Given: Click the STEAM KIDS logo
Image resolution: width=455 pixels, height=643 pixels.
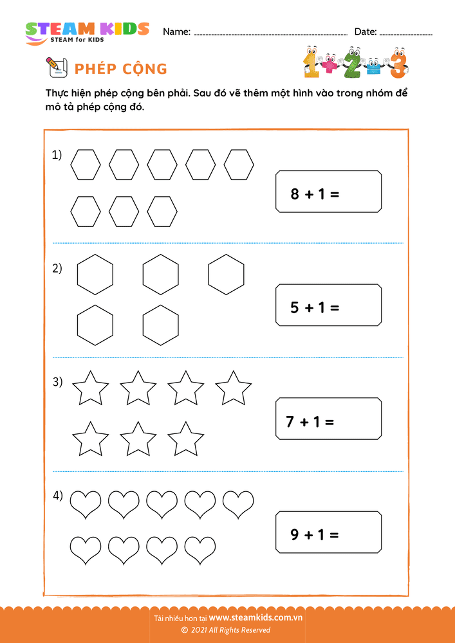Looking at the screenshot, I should (87, 32).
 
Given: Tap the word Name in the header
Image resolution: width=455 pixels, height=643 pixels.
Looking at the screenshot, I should (176, 32).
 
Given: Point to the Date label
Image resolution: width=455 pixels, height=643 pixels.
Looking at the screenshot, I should (366, 32).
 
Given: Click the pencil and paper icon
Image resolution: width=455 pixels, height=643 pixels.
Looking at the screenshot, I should (57, 67).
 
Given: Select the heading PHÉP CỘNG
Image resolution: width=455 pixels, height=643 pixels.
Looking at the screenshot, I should (121, 69).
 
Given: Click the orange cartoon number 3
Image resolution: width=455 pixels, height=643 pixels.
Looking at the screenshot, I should (399, 62).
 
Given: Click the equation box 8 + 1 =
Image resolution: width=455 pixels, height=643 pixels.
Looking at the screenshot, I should (328, 192).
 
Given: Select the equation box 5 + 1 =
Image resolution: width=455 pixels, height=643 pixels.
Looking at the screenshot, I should (328, 306).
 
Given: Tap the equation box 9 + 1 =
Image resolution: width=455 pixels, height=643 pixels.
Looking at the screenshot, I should (328, 533).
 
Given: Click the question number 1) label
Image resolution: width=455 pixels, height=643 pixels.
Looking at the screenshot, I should (57, 155).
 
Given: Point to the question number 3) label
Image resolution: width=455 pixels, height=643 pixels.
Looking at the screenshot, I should (57, 382).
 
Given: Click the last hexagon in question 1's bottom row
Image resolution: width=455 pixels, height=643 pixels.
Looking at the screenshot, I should (162, 211).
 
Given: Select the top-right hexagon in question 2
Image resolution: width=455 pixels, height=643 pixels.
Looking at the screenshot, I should (226, 274).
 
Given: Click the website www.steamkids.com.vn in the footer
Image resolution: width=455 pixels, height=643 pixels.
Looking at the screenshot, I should (255, 617).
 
